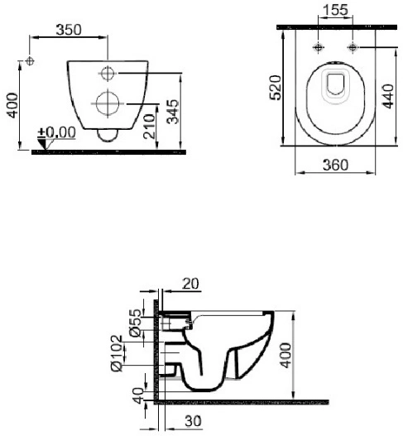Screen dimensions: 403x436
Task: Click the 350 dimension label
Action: (69, 30)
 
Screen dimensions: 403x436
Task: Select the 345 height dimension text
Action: (173, 111)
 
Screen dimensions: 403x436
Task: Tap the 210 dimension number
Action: (149, 126)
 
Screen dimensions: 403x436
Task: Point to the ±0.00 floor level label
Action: (57, 132)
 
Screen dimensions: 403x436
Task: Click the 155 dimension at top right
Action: (336, 10)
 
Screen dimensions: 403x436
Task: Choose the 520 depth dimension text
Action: (276, 88)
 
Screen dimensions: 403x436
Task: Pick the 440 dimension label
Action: (388, 96)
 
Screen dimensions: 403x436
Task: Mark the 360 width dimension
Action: (335, 165)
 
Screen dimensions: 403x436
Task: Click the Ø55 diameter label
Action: (136, 323)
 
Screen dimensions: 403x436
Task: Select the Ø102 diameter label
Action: (117, 353)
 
